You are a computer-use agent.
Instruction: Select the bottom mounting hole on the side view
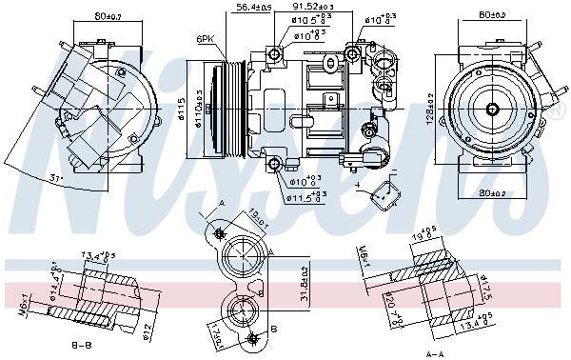pyautogui.click(x=275, y=166)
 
